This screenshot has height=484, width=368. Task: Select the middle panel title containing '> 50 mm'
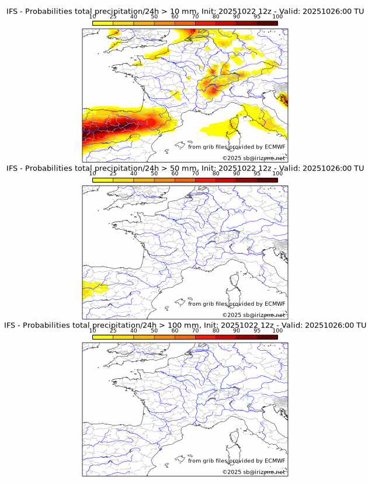[185, 169]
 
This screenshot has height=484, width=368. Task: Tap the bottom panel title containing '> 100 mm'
[185, 325]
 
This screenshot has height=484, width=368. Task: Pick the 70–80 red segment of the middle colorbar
[206, 180]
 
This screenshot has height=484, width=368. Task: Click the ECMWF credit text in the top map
[237, 147]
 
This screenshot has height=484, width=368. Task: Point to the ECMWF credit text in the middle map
[237, 304]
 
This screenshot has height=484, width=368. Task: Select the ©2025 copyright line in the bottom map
[254, 472]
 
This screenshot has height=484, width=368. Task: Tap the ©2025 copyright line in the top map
[254, 158]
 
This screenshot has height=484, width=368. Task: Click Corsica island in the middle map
[235, 280]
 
